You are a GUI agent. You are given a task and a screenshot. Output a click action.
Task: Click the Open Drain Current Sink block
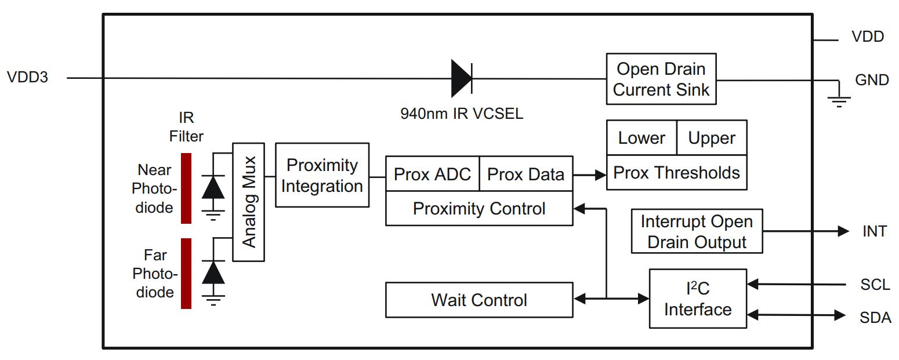click(x=661, y=79)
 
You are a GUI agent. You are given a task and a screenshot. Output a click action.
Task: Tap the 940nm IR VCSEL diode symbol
click(x=462, y=78)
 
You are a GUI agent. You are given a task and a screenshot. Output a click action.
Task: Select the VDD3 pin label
click(x=27, y=78)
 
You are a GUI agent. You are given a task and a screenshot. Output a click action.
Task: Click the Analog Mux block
click(x=248, y=202)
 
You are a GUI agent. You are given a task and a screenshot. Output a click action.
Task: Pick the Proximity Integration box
click(x=322, y=175)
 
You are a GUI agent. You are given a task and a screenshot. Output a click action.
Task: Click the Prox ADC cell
click(x=432, y=174)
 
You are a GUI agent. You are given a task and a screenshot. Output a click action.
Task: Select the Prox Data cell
click(x=525, y=174)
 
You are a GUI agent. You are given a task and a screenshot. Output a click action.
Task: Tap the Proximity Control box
click(x=479, y=209)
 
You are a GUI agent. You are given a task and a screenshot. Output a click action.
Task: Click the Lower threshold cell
click(x=641, y=138)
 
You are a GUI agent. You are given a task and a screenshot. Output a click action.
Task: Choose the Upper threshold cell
click(x=712, y=138)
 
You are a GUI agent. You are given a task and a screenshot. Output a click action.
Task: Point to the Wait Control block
click(x=479, y=300)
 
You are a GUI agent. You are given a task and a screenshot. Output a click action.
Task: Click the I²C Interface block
click(x=697, y=299)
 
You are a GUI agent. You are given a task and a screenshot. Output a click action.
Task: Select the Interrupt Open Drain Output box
click(x=697, y=231)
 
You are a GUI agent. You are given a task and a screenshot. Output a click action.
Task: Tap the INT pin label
click(x=874, y=231)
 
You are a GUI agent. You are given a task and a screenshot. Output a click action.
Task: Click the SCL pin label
click(x=875, y=285)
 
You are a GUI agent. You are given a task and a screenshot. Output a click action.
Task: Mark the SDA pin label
click(x=875, y=317)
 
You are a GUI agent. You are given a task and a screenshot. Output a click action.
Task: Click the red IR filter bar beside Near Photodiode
click(x=186, y=188)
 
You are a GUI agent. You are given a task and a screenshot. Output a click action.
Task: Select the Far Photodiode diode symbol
click(x=213, y=272)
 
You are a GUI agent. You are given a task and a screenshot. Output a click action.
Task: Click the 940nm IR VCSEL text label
click(x=461, y=113)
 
